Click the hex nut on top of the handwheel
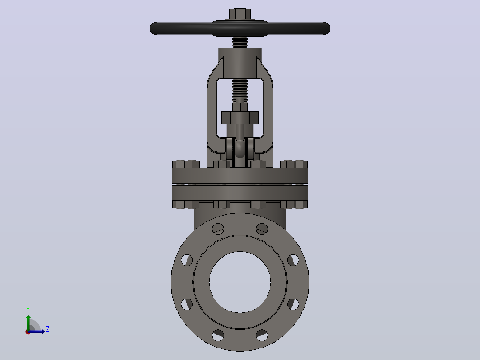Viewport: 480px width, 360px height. click(x=240, y=14)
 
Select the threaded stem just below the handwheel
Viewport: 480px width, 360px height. click(x=240, y=42)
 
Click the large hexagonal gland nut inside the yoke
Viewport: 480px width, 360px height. click(x=240, y=118)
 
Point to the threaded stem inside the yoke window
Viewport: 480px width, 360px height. click(x=240, y=91)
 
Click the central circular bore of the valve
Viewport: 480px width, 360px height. click(x=240, y=282)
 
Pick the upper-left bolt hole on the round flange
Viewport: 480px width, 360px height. click(x=218, y=229)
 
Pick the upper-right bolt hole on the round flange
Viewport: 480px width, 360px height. click(x=262, y=229)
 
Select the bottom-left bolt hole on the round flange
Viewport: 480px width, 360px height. click(x=218, y=335)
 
